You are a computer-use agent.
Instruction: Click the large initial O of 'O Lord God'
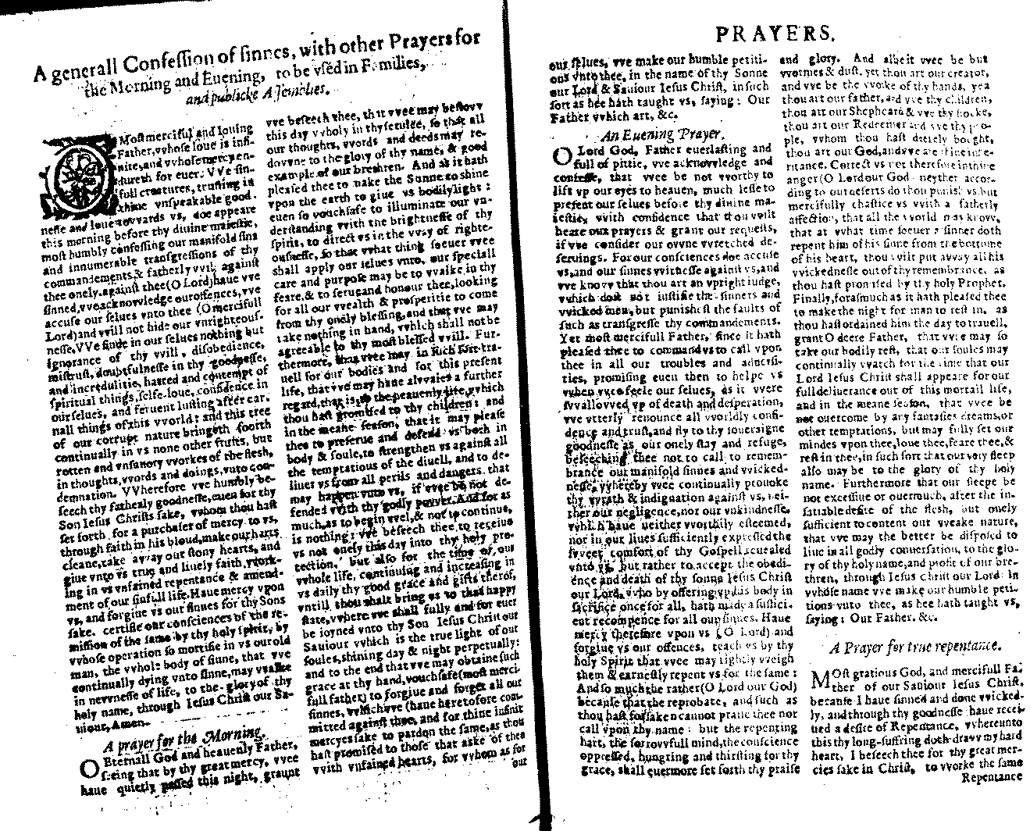(561, 156)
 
